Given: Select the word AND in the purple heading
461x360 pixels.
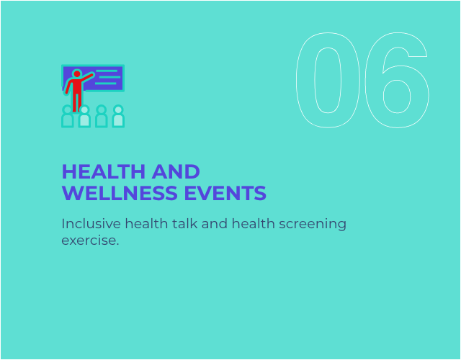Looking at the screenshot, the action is point(176,171).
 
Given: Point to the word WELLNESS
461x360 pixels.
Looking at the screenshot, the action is point(120,193).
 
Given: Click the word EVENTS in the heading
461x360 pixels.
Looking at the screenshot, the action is point(225,193).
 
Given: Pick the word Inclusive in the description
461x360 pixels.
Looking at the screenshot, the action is point(91,224).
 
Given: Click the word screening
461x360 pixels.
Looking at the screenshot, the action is point(313,225).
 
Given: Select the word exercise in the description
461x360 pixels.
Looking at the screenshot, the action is point(89,240).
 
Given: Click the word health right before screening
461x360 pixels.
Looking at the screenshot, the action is point(254,224).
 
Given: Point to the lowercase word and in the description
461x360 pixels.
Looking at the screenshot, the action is point(215,224).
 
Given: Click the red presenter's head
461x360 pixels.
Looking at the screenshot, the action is point(77,73).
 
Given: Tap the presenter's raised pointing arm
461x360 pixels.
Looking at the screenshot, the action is point(87,77).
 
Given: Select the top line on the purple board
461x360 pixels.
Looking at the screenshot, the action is point(107,71).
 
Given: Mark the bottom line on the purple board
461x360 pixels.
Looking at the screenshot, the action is point(106,84).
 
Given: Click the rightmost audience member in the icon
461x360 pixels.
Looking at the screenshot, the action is point(118,116).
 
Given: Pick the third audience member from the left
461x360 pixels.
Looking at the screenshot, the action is point(102,116).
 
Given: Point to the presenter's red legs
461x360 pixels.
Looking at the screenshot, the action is point(77,103).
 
